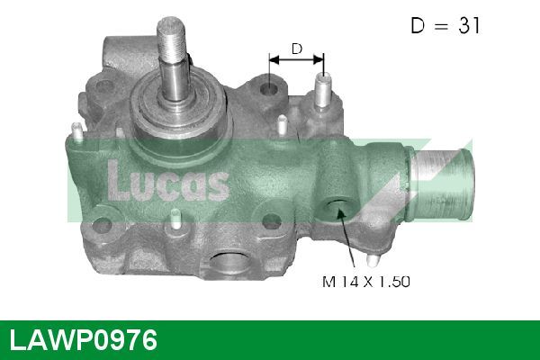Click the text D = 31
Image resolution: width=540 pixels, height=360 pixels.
445,26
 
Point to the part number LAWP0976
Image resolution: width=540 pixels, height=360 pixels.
83,340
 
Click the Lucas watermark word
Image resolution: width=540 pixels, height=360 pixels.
167,179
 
